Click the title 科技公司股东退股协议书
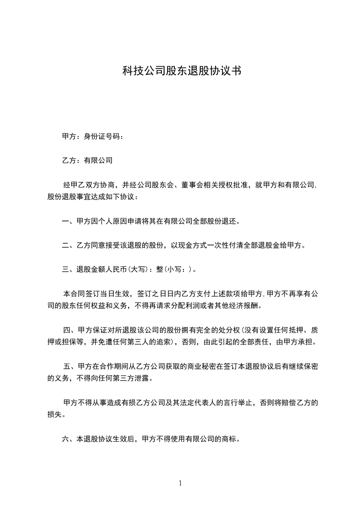point(181,71)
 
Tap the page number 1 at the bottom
point(180,483)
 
